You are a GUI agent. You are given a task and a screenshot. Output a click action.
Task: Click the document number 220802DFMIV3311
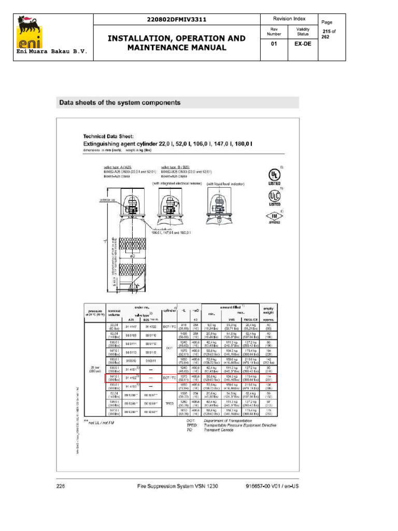[x=177, y=19]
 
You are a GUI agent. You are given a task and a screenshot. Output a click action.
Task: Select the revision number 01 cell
[x=274, y=44]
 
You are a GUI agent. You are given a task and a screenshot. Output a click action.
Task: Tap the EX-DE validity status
[x=303, y=44]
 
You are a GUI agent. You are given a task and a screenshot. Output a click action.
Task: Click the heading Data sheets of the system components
[x=120, y=103]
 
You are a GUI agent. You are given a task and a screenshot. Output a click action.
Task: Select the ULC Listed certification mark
[x=274, y=198]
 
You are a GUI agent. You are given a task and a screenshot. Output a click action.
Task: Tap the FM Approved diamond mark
[x=274, y=216]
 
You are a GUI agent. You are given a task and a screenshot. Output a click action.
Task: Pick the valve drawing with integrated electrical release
[x=169, y=206]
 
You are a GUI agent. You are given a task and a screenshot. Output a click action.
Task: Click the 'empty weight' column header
[x=269, y=310]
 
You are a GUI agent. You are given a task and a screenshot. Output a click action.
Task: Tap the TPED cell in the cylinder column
[x=169, y=402]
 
